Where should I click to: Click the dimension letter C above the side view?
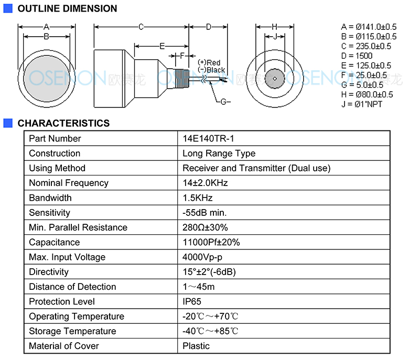141,27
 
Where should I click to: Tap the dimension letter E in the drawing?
162,47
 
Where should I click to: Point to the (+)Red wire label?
209,62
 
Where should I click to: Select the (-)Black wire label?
211,70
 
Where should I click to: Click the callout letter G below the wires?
224,102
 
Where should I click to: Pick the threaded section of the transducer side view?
182,79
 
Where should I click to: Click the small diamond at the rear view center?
275,79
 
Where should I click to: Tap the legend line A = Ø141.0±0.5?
369,27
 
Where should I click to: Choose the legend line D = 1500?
357,56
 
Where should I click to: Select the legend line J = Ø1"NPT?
361,104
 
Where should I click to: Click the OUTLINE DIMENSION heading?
67,8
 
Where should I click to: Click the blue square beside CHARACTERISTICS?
8,123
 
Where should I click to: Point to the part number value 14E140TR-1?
208,138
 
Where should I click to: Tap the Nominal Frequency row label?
69,183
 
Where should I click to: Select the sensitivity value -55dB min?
204,213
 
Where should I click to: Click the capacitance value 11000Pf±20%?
211,242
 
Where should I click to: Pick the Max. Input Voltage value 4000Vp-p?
202,257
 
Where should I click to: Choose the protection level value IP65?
192,302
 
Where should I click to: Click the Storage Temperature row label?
72,331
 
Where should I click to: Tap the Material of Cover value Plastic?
196,346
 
